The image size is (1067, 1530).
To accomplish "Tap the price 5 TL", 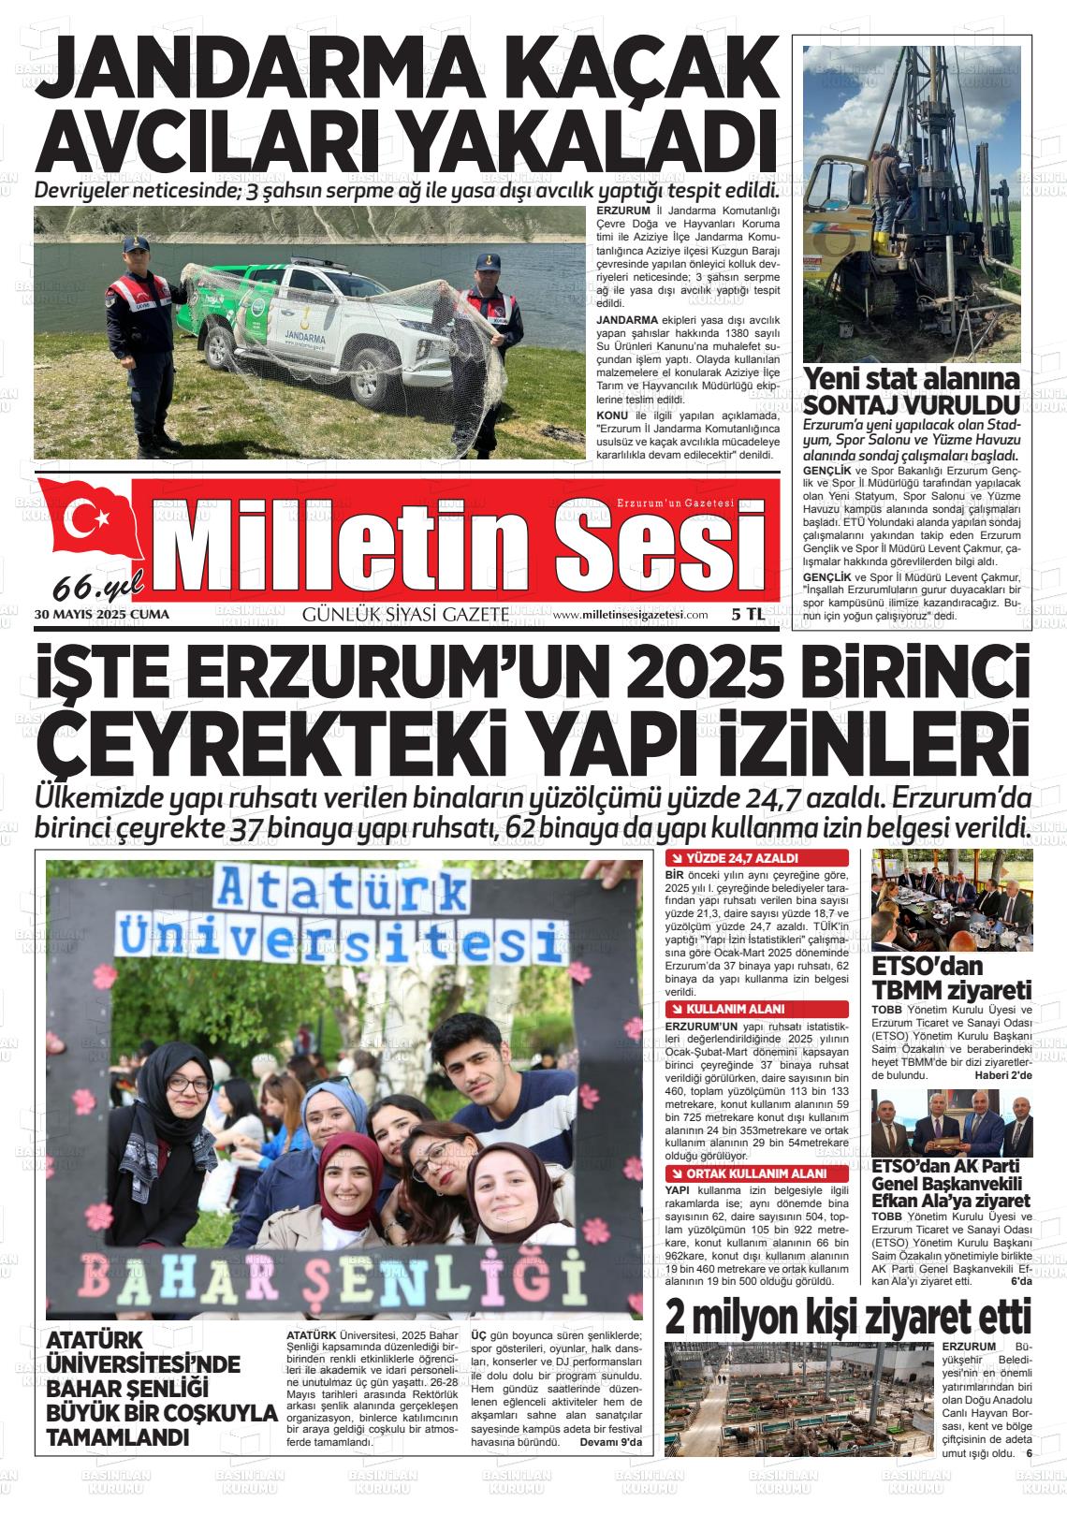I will pyautogui.click(x=748, y=615).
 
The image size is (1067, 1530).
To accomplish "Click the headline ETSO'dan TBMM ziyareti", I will pyautogui.click(x=951, y=978).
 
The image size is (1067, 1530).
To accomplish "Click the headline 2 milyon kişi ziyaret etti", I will pyautogui.click(x=848, y=1318).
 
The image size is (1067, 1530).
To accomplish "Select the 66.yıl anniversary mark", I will pyautogui.click(x=98, y=587).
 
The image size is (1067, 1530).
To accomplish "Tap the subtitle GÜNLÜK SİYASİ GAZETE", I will pyautogui.click(x=405, y=615).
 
